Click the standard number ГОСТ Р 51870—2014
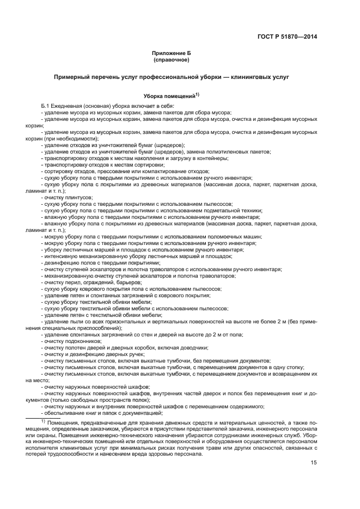coord(287,36)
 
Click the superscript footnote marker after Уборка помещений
coord(197,94)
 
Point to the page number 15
coord(314,463)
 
